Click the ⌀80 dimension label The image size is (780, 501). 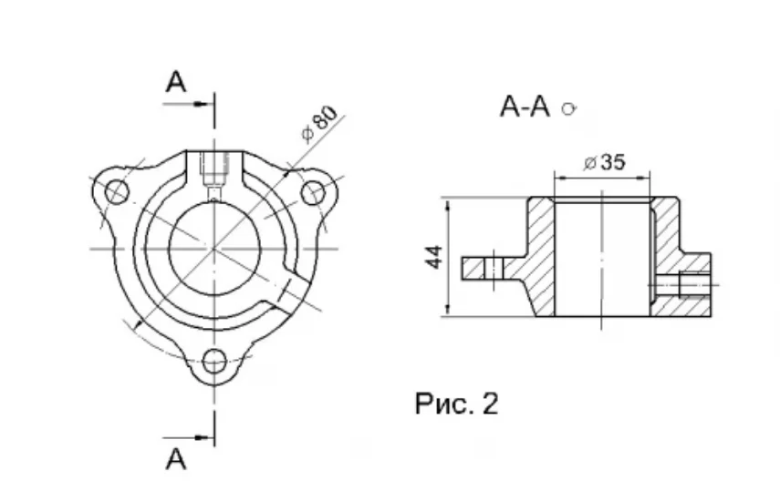(319, 124)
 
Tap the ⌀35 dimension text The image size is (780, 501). (605, 162)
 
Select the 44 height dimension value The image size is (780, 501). (434, 257)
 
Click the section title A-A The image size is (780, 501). (525, 107)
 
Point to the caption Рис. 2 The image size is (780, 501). (456, 404)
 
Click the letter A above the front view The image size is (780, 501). (176, 82)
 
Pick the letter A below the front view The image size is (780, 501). (176, 459)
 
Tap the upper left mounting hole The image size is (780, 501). (117, 192)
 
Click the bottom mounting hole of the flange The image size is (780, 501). (215, 361)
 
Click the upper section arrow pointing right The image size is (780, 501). (186, 104)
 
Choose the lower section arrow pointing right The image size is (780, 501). (186, 438)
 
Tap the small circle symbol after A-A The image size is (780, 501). (569, 108)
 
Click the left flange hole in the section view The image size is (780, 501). (494, 268)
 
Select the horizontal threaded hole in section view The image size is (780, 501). (681, 285)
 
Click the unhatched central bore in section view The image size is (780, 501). (602, 259)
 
